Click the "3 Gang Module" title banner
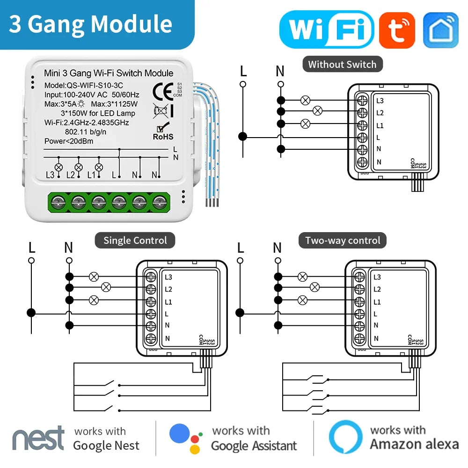(x=91, y=24)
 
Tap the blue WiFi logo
(x=326, y=29)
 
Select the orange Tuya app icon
(x=397, y=30)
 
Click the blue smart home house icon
(x=440, y=30)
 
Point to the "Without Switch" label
(x=342, y=65)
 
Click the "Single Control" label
(x=135, y=241)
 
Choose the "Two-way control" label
(x=343, y=241)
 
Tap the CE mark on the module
(x=162, y=89)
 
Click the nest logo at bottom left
(x=38, y=438)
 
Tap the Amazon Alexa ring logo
(x=345, y=438)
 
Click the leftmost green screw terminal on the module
(x=58, y=203)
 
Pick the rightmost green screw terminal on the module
(x=161, y=203)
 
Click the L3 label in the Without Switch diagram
(x=380, y=101)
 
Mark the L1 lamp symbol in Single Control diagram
(x=94, y=300)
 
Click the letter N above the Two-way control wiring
(x=278, y=248)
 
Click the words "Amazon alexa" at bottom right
(x=414, y=444)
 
